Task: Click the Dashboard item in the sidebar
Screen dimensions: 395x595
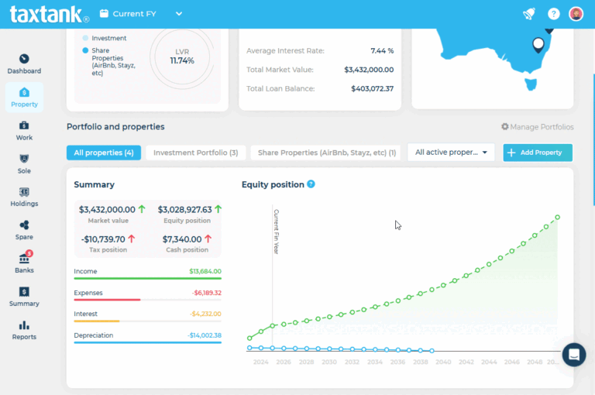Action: point(24,64)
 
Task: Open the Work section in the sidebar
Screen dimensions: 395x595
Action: point(24,129)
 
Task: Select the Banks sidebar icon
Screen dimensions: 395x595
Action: point(24,263)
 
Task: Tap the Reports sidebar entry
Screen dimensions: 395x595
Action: point(24,329)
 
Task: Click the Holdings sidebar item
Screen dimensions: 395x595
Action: point(24,196)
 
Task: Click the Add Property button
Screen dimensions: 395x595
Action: point(538,153)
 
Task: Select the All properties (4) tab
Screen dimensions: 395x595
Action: point(104,153)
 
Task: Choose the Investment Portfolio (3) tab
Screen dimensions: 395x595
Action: point(195,153)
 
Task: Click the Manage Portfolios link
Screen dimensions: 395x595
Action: point(537,127)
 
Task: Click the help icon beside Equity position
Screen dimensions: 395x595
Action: point(311,184)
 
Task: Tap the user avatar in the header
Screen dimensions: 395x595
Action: point(576,14)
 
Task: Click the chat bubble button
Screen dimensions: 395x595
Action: point(573,355)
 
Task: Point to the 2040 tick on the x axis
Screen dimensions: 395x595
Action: point(444,362)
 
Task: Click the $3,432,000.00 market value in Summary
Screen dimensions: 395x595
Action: point(108,209)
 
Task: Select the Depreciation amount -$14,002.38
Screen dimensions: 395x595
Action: point(204,335)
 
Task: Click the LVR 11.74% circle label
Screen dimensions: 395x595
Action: point(182,56)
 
